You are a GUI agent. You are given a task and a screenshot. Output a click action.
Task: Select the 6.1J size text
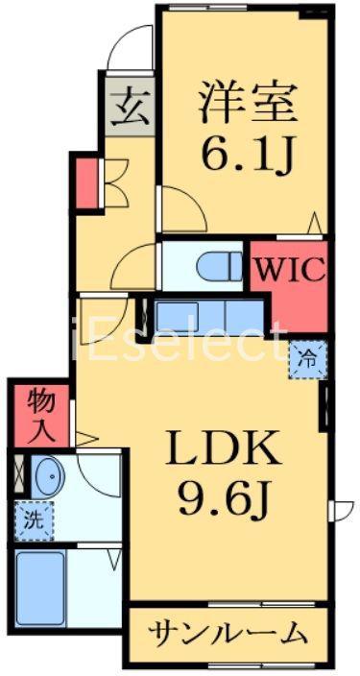[x=245, y=153]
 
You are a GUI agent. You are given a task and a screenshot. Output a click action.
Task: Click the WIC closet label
[x=290, y=270]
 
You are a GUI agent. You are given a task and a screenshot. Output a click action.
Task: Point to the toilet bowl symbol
[x=220, y=266]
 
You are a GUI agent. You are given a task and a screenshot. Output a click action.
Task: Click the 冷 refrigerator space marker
[x=308, y=359]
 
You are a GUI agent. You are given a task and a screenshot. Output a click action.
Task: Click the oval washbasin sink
[x=50, y=477]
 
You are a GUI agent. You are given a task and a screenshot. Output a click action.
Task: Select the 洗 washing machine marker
[x=34, y=521]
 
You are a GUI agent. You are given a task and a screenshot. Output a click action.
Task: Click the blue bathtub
[x=40, y=590]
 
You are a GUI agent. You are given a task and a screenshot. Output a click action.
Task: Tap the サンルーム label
[x=228, y=634]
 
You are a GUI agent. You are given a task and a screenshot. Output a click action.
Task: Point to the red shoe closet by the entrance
[x=86, y=183]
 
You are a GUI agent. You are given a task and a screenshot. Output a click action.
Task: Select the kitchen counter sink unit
[x=209, y=317]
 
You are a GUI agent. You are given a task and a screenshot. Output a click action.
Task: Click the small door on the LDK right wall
[x=341, y=511]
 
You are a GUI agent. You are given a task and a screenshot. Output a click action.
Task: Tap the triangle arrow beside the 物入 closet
[x=87, y=440]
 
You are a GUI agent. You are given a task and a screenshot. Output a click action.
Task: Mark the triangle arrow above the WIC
[x=315, y=224]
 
